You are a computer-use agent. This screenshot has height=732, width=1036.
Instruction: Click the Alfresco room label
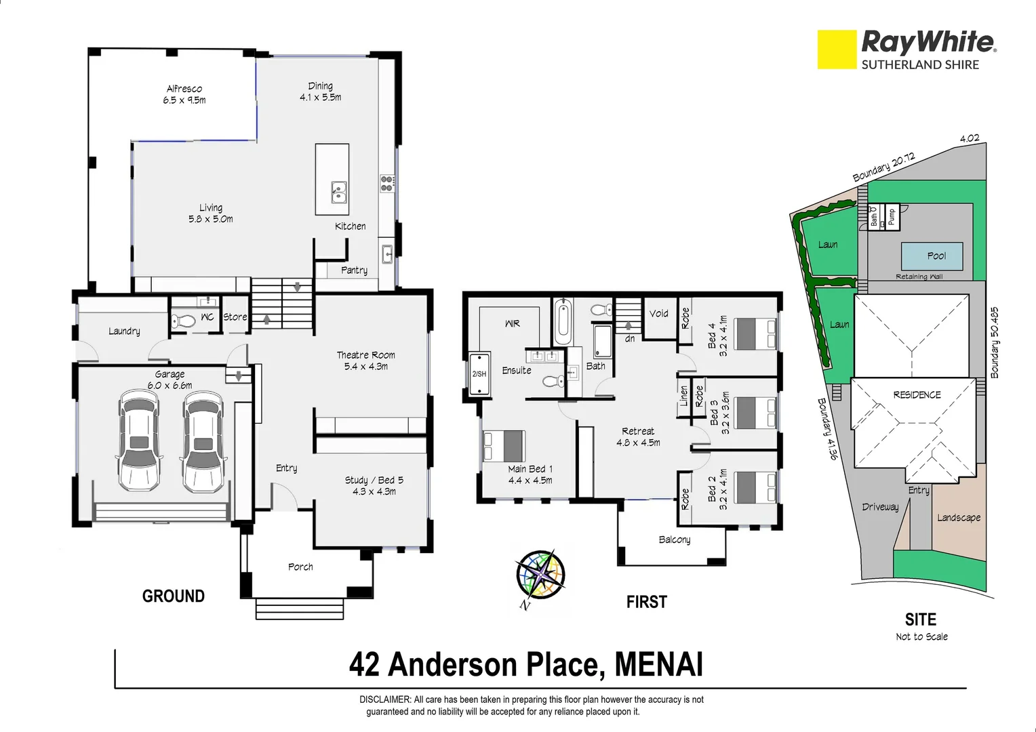pos(184,89)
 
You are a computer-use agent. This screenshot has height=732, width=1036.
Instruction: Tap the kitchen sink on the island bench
pos(338,192)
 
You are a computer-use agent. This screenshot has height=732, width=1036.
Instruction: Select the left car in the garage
pos(140,442)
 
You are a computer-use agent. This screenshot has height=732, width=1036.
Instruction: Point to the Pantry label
pos(354,270)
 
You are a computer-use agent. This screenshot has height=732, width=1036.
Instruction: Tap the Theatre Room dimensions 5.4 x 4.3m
pos(365,367)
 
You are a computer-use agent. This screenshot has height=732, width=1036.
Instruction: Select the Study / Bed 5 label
pos(374,480)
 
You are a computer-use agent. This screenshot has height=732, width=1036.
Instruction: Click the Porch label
pos(300,567)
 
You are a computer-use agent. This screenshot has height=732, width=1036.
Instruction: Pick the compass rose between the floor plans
pos(540,573)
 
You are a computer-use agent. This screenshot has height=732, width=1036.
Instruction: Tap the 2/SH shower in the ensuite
pos(479,373)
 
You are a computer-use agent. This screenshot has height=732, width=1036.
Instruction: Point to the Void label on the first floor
pos(658,313)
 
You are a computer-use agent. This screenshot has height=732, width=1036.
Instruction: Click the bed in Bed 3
pos(755,413)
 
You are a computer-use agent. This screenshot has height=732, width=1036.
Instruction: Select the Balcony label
pos(674,540)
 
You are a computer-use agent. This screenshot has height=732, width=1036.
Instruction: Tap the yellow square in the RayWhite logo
pos(837,49)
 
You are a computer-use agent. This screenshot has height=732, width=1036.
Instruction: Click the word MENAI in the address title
pos(658,665)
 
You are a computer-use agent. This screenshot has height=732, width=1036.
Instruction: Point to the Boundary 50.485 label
pos(994,343)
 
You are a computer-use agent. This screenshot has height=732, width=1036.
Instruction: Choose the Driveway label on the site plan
pos(879,506)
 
